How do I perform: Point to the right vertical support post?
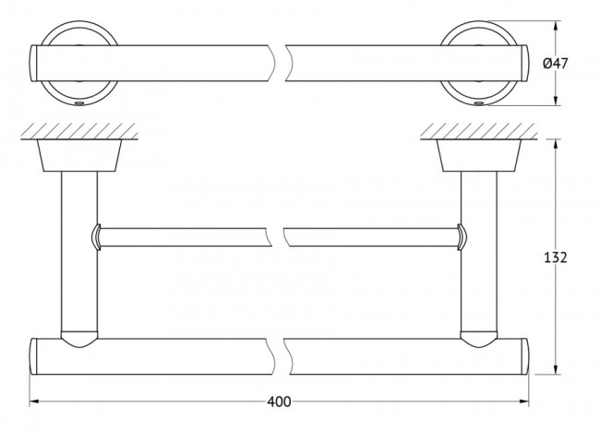pyautogui.click(x=479, y=249)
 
